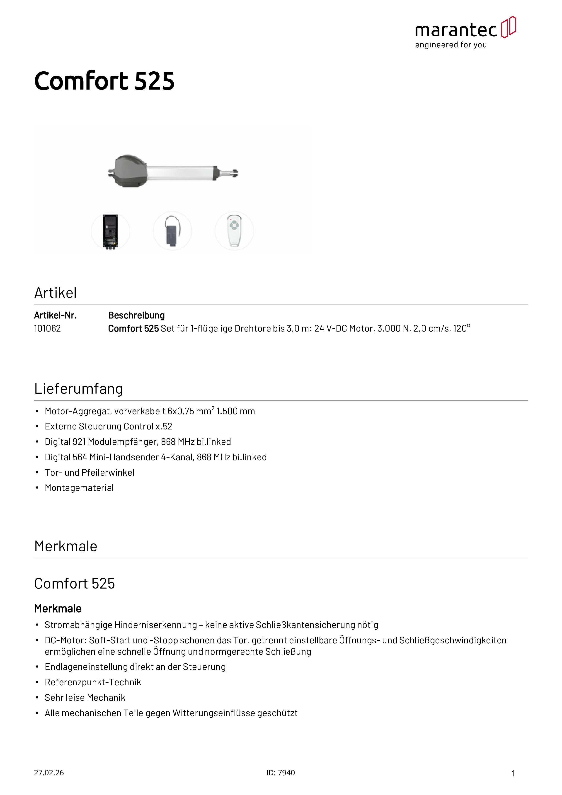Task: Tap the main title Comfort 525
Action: (x=104, y=81)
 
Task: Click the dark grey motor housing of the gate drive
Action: (x=128, y=171)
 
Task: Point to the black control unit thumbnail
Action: (x=110, y=231)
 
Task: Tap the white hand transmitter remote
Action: (x=234, y=231)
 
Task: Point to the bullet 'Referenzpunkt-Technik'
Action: (x=93, y=682)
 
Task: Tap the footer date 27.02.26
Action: (x=49, y=773)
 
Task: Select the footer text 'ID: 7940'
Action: (x=281, y=773)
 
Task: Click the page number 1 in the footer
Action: (x=513, y=773)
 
